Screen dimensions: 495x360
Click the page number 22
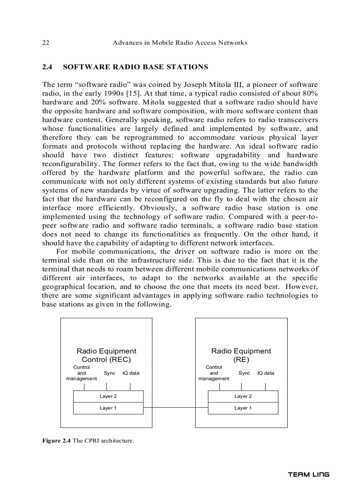click(45, 43)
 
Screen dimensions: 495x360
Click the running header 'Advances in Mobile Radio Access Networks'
click(180, 43)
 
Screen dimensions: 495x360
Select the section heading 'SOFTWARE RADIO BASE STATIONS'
click(135, 67)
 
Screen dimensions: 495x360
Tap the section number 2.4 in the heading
click(47, 67)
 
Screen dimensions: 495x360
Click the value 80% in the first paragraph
click(309, 93)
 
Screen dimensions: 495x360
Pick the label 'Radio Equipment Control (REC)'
click(106, 355)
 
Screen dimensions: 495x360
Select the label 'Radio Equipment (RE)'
click(241, 355)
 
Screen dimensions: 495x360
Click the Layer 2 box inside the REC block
click(108, 396)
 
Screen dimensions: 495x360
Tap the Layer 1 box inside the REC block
click(108, 408)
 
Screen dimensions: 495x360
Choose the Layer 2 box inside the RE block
click(243, 396)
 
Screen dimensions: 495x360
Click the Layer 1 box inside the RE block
click(243, 408)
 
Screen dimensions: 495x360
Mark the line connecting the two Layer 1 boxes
click(176, 408)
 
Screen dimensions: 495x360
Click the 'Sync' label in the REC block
click(109, 373)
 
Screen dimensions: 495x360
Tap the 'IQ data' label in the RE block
click(266, 373)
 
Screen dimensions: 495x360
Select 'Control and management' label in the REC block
click(82, 373)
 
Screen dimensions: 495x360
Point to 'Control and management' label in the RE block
click(214, 373)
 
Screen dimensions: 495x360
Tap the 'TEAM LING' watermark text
click(308, 475)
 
